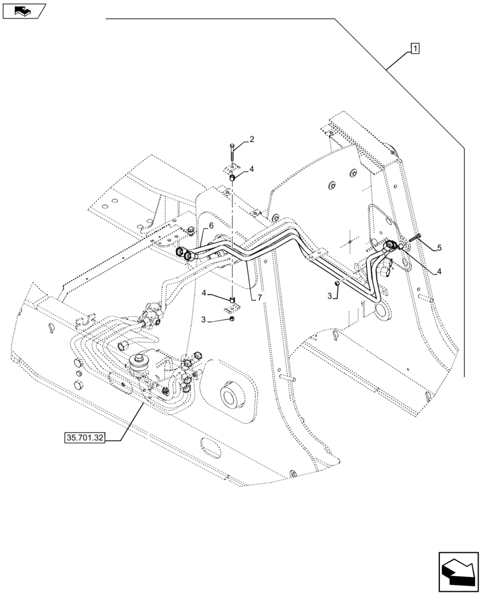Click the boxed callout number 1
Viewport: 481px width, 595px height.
[414, 48]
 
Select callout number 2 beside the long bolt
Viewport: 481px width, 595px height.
[252, 139]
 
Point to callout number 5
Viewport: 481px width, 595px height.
[439, 247]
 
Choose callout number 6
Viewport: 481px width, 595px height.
[211, 226]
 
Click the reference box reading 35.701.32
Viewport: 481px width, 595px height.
[83, 439]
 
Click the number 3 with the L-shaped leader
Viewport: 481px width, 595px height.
[329, 296]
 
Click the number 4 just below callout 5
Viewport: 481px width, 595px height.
[439, 272]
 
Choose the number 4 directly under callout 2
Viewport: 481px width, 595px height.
[252, 169]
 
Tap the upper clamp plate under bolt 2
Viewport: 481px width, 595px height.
[232, 168]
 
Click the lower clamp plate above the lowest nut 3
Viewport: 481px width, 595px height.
[233, 306]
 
